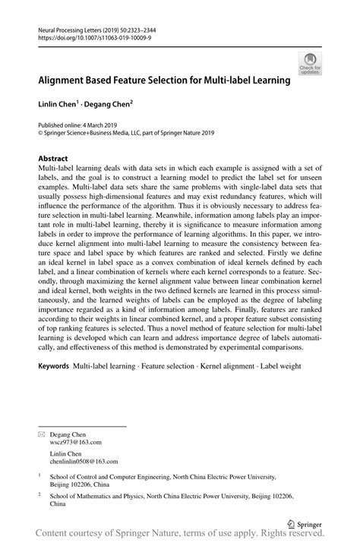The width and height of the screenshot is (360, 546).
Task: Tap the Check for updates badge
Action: point(308,65)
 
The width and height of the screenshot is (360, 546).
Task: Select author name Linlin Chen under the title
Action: point(61,102)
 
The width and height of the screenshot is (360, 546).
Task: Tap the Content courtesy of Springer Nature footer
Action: point(180,536)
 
